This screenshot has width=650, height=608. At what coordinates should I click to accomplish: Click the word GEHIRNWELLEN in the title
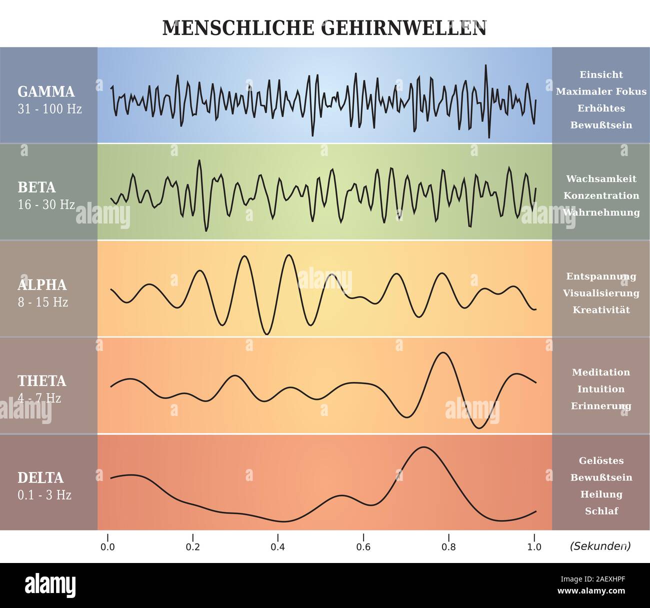point(403,28)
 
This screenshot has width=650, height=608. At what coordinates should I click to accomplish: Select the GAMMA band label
point(46,91)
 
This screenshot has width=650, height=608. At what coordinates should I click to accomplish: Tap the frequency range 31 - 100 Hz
point(49,108)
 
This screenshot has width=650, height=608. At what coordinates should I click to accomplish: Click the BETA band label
point(36,187)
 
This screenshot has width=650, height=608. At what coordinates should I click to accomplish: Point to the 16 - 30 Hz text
point(46,204)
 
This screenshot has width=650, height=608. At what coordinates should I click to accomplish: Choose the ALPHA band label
point(42,285)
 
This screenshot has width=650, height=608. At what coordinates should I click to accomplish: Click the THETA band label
point(42,381)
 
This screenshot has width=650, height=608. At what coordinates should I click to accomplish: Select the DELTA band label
point(40,478)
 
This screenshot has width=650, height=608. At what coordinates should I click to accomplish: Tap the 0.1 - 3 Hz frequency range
point(44,495)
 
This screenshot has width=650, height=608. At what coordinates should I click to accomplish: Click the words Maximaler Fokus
point(601,91)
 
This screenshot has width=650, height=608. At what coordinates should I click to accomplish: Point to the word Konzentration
point(601,195)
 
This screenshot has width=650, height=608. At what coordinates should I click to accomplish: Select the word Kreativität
point(601,310)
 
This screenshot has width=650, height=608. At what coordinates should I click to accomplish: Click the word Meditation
point(601,372)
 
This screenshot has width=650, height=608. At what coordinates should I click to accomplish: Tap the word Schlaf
point(601,511)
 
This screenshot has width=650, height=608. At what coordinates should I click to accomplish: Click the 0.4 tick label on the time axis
point(278,547)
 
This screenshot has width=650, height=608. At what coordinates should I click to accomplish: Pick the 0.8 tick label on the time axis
point(448,547)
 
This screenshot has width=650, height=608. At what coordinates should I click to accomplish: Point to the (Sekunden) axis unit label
point(600,546)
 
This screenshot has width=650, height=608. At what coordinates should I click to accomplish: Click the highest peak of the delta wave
point(423,447)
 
